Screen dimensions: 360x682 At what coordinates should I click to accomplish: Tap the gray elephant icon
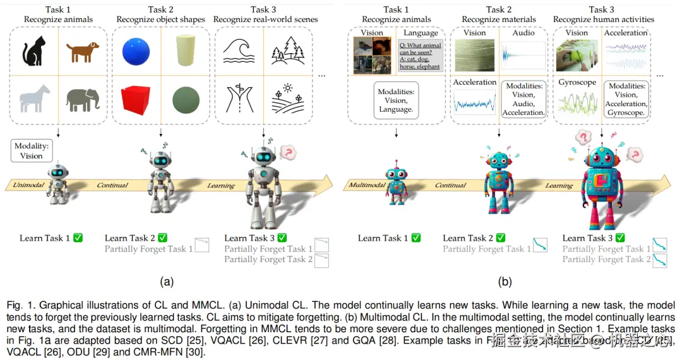coord(83,99)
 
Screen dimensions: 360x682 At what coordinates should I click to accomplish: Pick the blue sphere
coord(136,51)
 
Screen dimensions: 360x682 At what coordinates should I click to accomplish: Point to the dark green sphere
coord(185,99)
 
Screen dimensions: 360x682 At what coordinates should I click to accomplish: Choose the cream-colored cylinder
coord(184,51)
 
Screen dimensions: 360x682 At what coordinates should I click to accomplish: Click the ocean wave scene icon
coord(238,49)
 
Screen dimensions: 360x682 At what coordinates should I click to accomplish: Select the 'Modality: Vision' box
coord(31,151)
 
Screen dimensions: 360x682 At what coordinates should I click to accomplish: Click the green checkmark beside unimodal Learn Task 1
coord(78,238)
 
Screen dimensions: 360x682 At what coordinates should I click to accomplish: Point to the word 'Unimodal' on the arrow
coord(28,185)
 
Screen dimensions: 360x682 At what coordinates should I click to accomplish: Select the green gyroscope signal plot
coord(577,104)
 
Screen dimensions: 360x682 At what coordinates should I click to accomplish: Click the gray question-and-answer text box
coord(420,55)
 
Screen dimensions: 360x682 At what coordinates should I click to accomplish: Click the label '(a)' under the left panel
coord(167,282)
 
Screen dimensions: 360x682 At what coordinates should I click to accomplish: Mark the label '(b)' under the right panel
coord(505,282)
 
